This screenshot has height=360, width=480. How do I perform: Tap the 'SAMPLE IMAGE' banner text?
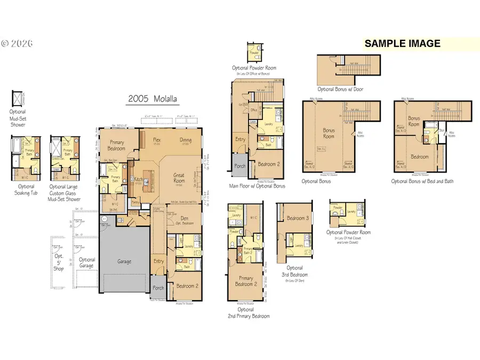point(402,44)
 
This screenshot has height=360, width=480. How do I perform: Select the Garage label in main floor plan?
point(124,261)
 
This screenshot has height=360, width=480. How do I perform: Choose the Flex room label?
point(157,140)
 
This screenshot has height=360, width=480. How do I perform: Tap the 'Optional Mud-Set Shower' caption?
point(17,118)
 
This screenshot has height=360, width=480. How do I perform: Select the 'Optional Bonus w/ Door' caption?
point(340,90)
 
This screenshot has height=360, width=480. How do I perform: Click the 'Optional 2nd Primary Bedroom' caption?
point(246,313)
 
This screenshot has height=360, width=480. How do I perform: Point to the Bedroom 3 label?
point(298,218)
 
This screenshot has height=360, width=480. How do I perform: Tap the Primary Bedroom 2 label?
point(245,281)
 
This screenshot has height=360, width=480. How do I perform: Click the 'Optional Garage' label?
point(86,262)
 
